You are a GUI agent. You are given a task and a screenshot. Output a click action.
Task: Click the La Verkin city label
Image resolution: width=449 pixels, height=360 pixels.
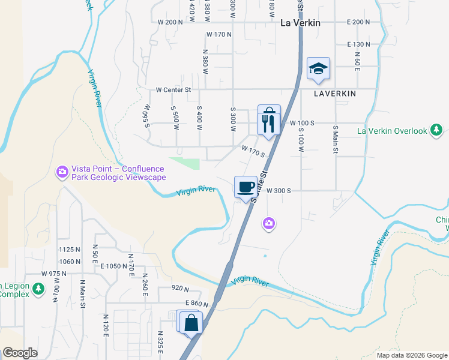click(301, 23)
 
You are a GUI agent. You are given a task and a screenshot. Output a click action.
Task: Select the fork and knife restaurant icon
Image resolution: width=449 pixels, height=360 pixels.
click(268, 124)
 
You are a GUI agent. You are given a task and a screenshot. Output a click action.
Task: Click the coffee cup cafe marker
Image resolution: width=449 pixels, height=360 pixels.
click(245, 187)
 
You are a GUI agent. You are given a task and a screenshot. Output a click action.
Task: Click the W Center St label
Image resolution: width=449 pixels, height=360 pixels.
click(173, 90)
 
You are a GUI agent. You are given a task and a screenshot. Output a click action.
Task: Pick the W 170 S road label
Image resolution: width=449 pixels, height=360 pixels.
click(253, 151)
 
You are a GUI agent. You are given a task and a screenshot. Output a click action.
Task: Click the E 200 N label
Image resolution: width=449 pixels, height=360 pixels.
click(358, 22)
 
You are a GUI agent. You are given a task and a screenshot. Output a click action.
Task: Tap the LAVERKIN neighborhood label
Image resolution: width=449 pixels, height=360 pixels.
click(334, 94)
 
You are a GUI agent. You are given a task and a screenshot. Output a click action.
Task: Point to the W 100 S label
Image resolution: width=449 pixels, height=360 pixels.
click(302, 123)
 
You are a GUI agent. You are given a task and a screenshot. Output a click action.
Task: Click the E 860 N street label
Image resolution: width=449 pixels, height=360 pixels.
click(196, 304)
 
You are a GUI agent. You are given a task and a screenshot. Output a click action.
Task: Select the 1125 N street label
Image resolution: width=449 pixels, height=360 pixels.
click(70, 250)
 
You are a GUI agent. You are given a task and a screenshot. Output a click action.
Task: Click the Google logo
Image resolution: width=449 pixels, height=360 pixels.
click(20, 353)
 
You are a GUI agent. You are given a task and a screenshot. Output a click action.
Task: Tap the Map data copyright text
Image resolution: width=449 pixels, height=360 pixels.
click(411, 355)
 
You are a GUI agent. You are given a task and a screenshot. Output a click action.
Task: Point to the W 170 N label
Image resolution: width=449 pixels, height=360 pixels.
click(218, 35)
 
